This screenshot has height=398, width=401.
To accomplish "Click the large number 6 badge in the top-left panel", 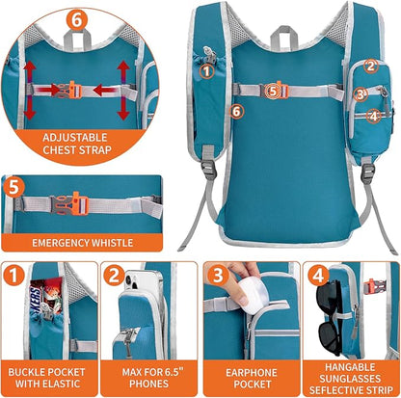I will pyautogui.click(x=74, y=18).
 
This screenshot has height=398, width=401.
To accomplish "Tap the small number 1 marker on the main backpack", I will pyautogui.click(x=204, y=68).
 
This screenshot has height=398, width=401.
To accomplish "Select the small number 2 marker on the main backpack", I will pyautogui.click(x=370, y=66).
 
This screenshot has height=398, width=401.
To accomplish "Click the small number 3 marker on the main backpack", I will pyautogui.click(x=359, y=94).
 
